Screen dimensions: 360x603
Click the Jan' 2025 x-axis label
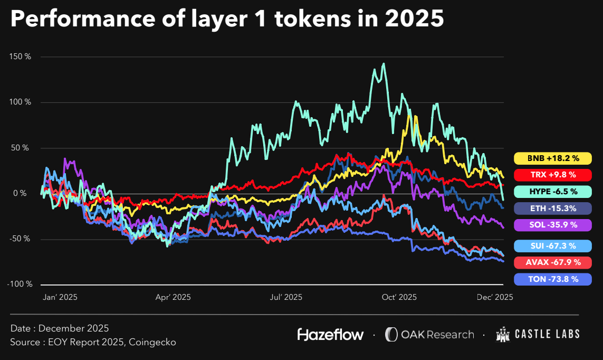[x=60, y=297]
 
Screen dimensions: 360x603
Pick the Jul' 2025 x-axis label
[x=285, y=297]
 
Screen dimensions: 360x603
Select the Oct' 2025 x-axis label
[x=399, y=297]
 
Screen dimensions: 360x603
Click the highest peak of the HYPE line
[x=383, y=64]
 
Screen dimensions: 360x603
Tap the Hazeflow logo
[x=331, y=334]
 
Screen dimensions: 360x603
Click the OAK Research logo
[x=429, y=334]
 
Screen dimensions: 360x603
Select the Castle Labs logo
[x=538, y=334]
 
